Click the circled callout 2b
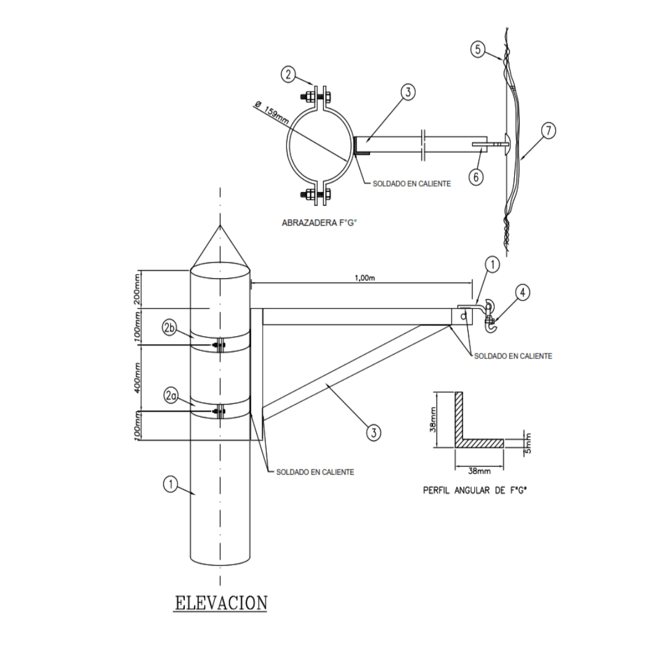171,328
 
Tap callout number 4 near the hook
522,292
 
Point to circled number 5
478,49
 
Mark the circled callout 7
549,131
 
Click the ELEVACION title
221,602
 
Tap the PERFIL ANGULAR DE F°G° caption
477,491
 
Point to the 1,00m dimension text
365,278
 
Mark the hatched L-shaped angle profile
468,431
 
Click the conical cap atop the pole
220,246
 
